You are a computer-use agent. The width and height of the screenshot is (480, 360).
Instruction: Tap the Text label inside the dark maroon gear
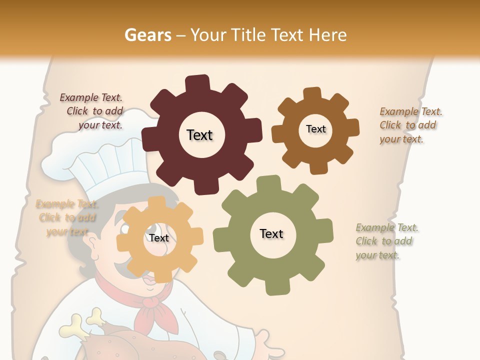coord(199,135)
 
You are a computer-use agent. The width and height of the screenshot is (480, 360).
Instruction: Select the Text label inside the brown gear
coord(315,129)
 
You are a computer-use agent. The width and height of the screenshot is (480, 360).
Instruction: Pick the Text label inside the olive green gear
coord(271,233)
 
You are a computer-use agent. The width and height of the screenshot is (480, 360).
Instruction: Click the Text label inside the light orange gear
coord(159,238)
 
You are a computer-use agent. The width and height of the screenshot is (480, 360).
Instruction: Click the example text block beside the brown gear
coord(410,125)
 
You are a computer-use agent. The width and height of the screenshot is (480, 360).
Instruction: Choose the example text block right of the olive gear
coord(386,241)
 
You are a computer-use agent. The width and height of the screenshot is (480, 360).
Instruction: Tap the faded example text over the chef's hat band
coord(66,217)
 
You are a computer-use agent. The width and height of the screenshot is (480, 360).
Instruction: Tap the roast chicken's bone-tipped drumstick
coord(75,325)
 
